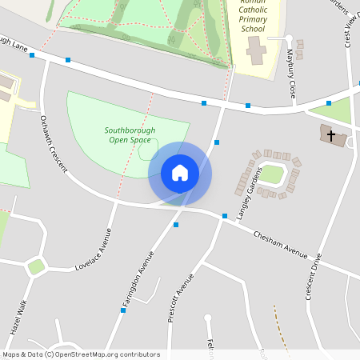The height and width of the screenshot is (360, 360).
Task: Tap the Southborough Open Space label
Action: [130, 135]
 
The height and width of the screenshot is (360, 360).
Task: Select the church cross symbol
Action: [332, 135]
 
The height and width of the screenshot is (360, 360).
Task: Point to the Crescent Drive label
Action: [313, 277]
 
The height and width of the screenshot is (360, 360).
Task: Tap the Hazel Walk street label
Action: [19, 318]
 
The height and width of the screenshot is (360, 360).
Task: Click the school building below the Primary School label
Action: [256, 52]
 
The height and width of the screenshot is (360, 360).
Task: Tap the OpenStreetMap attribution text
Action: [80, 354]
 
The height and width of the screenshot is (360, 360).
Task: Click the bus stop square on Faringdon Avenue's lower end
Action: [123, 310]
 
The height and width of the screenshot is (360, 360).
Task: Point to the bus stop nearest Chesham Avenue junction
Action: [225, 216]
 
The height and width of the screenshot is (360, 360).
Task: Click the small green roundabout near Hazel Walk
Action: [36, 266]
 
